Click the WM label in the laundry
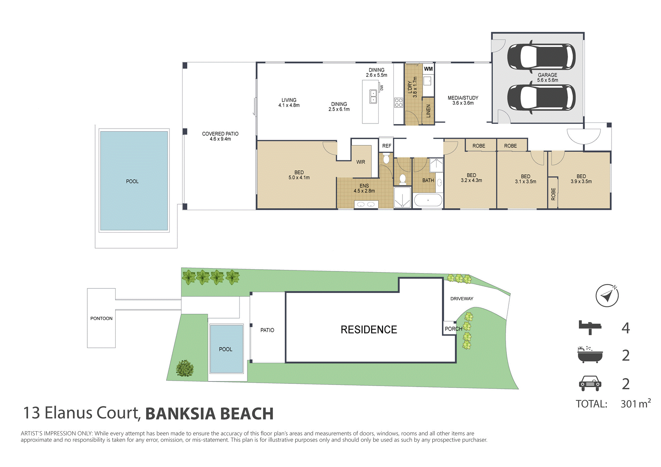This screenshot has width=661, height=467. coord(428,69)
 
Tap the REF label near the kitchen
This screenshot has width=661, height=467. coord(386,146)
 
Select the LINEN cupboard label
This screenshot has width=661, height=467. coord(428,111)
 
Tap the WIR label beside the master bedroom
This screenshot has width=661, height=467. coord(360,162)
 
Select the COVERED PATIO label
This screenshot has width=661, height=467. coord(220,136)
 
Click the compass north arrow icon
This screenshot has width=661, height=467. coord(607,295)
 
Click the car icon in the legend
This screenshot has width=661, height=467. coord(590,383)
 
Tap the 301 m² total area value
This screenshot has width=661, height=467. coord(635,404)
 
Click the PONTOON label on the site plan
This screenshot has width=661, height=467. coord(101,318)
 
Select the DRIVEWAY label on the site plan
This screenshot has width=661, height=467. coord(461,299)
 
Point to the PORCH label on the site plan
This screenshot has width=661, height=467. coord(453,329)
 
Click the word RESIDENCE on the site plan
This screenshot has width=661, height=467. coord(369,330)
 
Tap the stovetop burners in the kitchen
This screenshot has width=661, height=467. coord(398,103)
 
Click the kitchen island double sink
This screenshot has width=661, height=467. coord(373,97)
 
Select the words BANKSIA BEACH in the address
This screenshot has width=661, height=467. coord(209,414)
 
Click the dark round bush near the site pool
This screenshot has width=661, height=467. coord(185,368)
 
